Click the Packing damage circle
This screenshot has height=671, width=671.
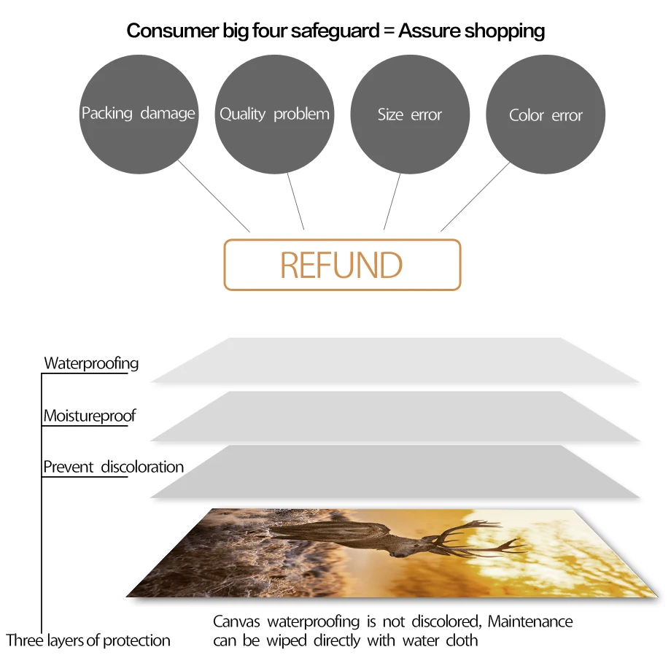point(138,114)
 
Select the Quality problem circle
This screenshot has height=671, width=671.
point(274,114)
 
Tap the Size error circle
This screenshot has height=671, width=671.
point(410,115)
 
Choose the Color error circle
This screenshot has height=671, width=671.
point(546,115)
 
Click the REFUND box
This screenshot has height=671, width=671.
point(342,265)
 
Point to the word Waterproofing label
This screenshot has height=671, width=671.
point(91,363)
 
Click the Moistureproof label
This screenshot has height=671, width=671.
point(90,416)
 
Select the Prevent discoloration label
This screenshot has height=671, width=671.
point(113,467)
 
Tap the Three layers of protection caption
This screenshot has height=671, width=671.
point(88,640)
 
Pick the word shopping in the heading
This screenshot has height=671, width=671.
point(505,31)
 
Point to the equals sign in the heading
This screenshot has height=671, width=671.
point(388,31)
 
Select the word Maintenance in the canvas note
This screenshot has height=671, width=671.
point(530,622)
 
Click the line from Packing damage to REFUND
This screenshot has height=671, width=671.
point(214,196)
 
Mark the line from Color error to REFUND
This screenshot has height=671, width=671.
point(475,196)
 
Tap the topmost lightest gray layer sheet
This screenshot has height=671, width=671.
point(395,360)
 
